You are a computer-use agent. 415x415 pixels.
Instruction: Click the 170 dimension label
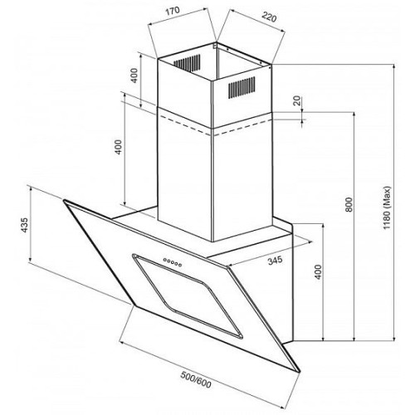pos(173,11)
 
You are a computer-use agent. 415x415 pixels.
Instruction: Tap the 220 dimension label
pos(269,17)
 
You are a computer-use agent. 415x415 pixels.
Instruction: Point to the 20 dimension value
pos(297,101)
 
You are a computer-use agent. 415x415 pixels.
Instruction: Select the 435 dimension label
pos(25,225)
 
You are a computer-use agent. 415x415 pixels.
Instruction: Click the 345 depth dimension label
pos(275,260)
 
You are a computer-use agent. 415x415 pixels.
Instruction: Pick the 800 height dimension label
pos(349,205)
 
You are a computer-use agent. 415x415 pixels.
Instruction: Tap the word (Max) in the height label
pos(387,197)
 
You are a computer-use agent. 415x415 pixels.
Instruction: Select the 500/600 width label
pos(196,379)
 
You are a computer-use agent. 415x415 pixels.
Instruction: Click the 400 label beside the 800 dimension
pos(319,272)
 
